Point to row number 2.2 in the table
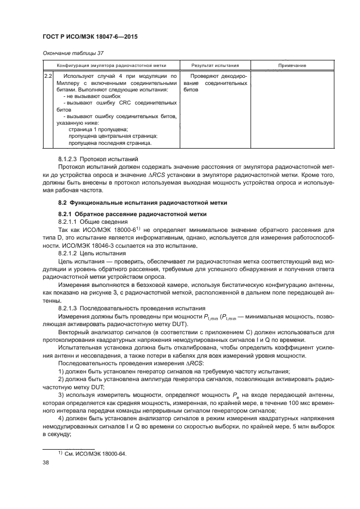tap(48, 76)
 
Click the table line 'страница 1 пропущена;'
tap(98, 130)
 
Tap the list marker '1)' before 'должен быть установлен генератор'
tap(62, 370)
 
